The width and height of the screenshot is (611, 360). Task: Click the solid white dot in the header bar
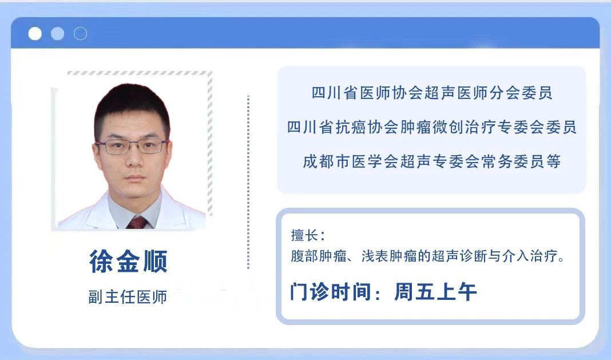(x=35, y=34)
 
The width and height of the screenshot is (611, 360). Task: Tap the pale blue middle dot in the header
(x=57, y=34)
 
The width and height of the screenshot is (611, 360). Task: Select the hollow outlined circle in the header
(x=80, y=34)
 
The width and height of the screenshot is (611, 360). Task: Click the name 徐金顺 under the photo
(x=129, y=261)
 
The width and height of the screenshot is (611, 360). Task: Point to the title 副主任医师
(x=128, y=297)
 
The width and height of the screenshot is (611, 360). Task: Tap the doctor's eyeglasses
(x=132, y=147)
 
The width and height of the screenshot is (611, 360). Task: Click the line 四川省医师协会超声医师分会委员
(x=432, y=93)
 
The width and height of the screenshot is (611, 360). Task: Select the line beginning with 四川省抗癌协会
(x=432, y=127)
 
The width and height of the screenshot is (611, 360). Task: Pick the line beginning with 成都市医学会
(x=432, y=161)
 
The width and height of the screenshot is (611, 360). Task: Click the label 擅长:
(x=308, y=235)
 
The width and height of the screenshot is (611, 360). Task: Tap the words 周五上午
(x=435, y=292)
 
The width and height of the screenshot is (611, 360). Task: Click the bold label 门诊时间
(x=330, y=292)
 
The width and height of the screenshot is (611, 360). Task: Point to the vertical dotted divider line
(x=248, y=182)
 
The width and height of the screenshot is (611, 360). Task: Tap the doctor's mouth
(x=135, y=178)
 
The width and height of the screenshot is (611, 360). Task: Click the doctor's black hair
(x=132, y=105)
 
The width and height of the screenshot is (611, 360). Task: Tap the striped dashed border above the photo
(x=140, y=73)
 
